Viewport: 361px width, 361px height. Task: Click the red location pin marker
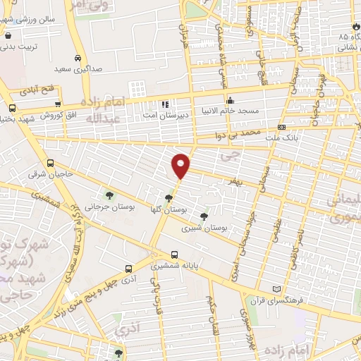click(x=181, y=165)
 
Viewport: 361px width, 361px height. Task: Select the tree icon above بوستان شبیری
click(x=204, y=216)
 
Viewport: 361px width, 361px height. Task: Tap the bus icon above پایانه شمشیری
click(x=174, y=255)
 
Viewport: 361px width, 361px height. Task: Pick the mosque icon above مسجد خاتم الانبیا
click(x=229, y=99)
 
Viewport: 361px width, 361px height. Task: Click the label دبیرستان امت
click(x=165, y=114)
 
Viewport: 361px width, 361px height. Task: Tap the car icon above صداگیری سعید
click(x=77, y=59)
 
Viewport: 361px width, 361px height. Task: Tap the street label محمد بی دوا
click(x=239, y=133)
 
